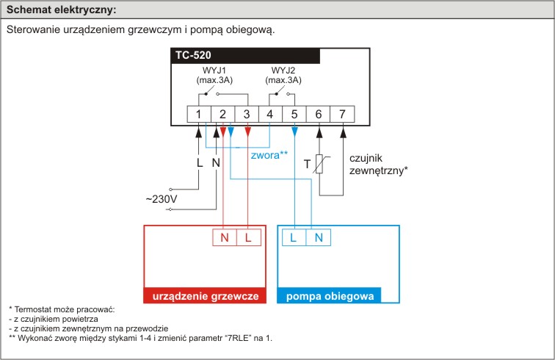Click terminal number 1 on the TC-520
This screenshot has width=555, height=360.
pos(199,114)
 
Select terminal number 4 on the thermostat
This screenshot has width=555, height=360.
pos(270,114)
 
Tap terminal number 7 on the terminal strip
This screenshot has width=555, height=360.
pos(342,114)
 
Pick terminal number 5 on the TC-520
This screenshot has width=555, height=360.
pos(294,114)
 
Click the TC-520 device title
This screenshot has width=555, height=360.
pos(193,55)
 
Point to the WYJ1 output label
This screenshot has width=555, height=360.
pos(214,70)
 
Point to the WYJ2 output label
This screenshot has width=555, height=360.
pos(283,70)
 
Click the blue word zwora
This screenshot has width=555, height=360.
pos(265,155)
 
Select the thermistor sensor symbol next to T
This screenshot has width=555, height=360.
pos(320,164)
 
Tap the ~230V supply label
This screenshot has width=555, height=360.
pos(162,199)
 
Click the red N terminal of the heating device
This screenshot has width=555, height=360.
pos(225,237)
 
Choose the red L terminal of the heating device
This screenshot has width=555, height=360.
pos(248,237)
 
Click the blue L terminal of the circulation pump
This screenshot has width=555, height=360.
pos(294,237)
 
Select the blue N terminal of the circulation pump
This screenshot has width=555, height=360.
pos(319,237)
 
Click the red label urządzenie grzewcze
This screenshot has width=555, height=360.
pos(206,296)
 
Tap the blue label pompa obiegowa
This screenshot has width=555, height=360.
pos(330,296)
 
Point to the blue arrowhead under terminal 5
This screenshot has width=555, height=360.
pos(294,132)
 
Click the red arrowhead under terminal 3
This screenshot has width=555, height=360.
pos(248,132)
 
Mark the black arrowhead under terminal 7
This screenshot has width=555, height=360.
pos(343,132)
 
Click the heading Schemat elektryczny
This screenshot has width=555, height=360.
pos(61,10)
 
